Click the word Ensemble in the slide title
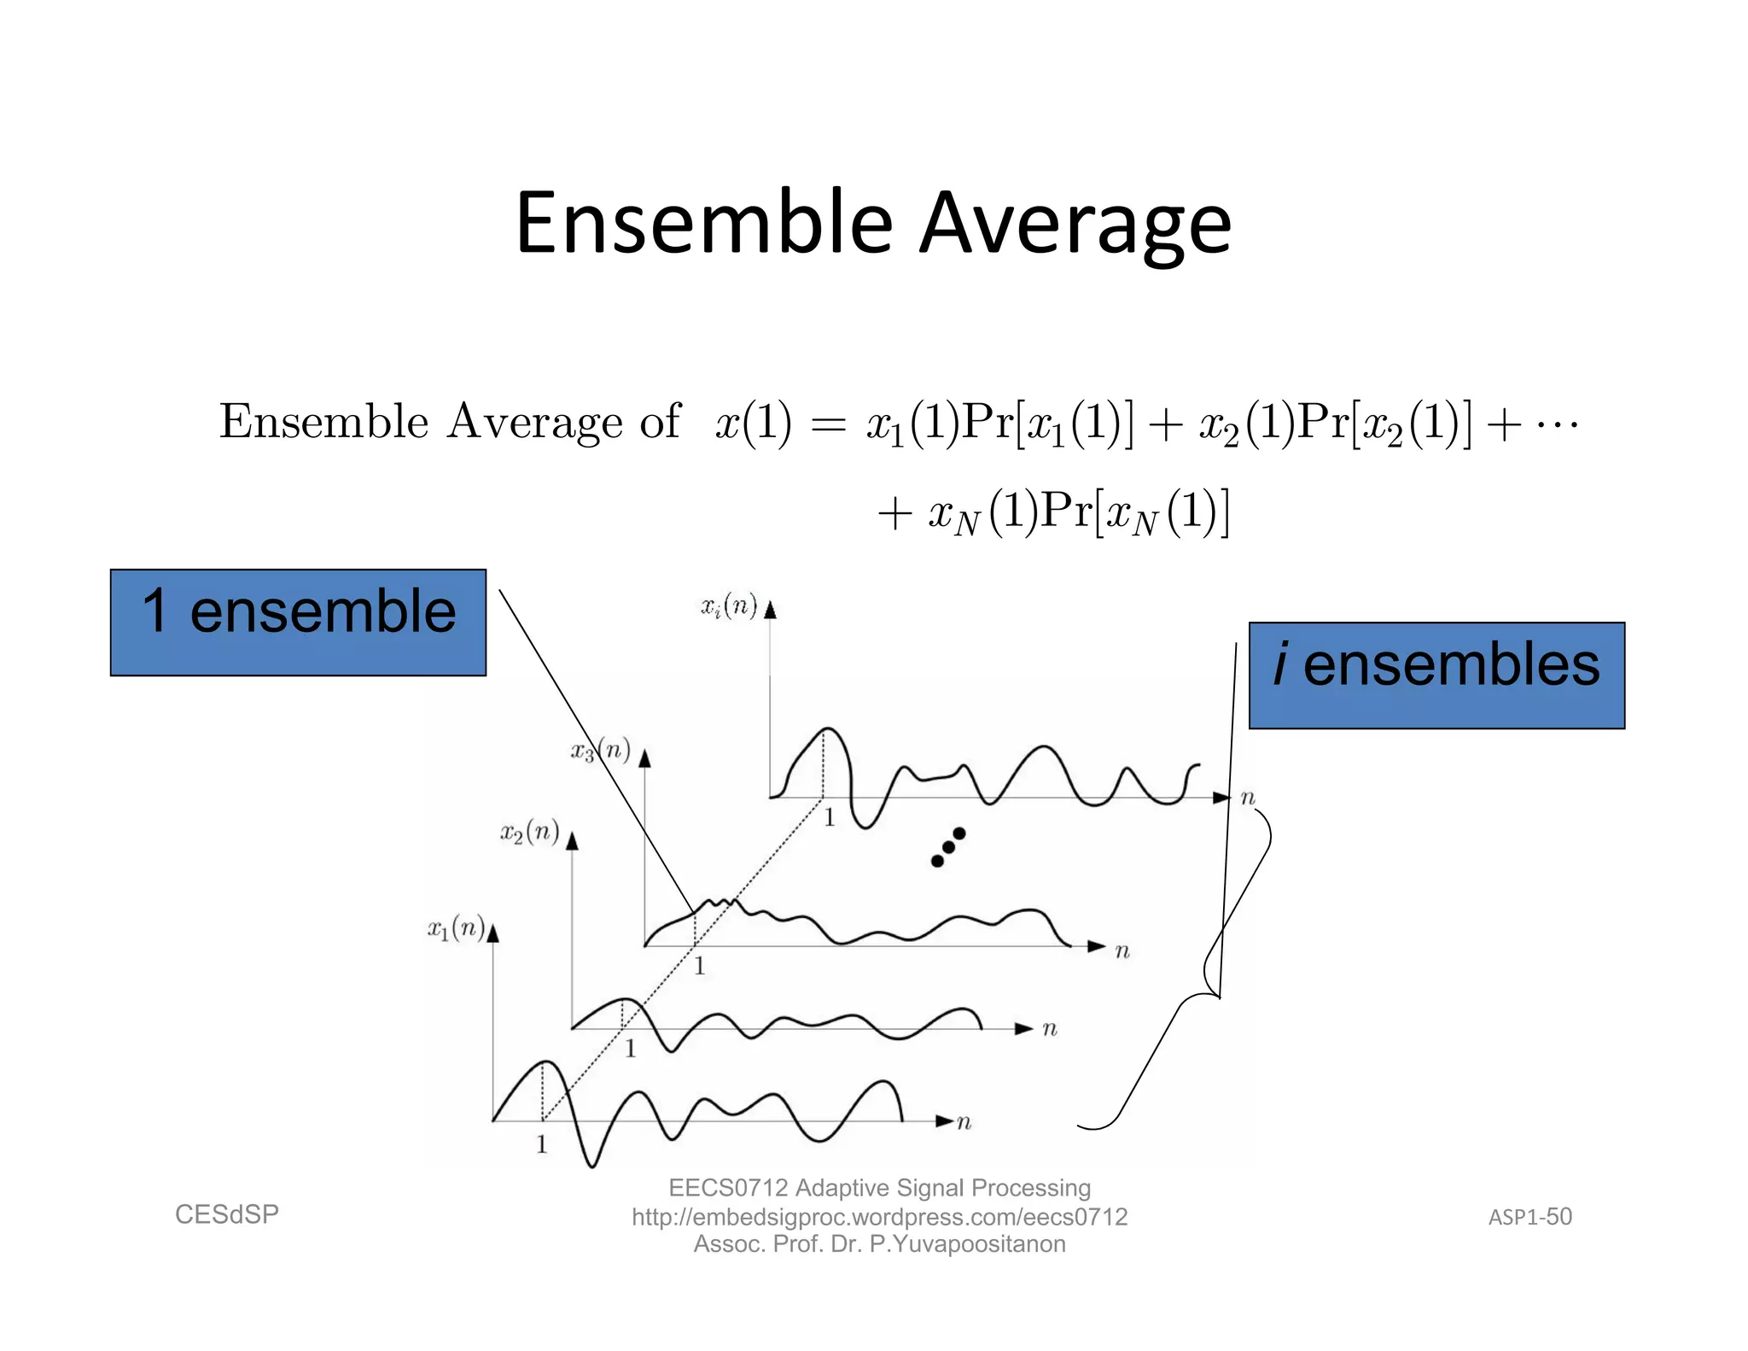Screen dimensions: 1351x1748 coord(703,224)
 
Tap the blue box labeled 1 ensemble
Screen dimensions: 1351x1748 coord(298,623)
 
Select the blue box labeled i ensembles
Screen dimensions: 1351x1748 coord(1436,675)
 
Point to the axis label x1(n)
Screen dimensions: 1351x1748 coord(456,928)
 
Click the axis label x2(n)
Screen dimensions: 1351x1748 coord(529,832)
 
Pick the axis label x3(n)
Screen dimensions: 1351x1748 coord(600,752)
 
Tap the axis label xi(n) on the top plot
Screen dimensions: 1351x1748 coord(729,607)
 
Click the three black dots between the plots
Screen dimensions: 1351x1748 coord(947,847)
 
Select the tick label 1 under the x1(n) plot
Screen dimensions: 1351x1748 coord(541,1144)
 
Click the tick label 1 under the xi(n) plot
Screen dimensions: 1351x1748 coord(829,818)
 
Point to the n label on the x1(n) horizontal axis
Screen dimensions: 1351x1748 coord(964,1122)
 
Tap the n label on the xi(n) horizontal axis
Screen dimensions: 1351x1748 coord(1248,798)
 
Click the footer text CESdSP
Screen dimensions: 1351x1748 coord(227,1214)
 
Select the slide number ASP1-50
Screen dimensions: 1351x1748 coord(1529,1217)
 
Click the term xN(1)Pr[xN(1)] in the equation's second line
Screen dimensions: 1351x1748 coord(1078,513)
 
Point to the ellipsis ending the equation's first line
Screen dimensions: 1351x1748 coord(1556,423)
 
